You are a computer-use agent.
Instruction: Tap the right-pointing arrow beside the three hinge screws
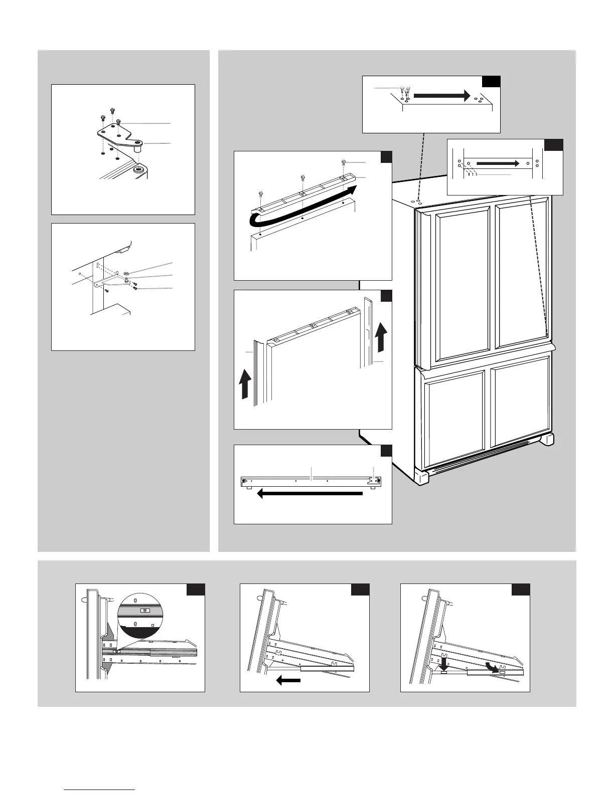[441, 95]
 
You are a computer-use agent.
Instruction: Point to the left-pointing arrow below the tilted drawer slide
[288, 680]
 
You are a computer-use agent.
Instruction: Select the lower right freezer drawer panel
[520, 401]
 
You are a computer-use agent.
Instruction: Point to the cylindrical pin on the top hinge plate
[138, 148]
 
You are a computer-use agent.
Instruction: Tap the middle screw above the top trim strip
[302, 178]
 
